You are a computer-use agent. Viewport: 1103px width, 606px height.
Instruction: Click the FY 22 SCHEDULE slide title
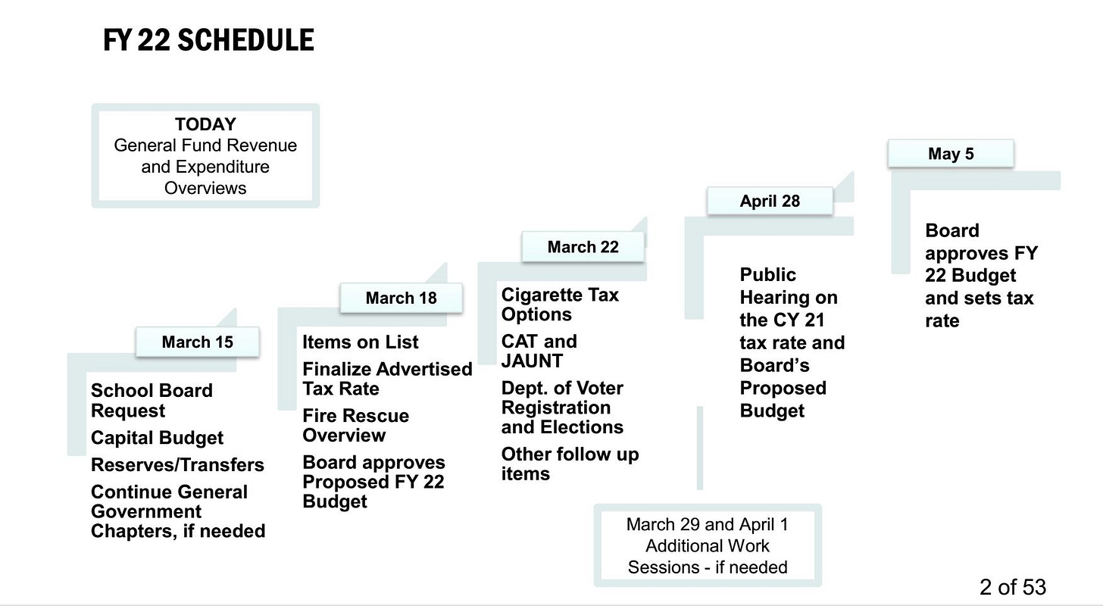pos(208,40)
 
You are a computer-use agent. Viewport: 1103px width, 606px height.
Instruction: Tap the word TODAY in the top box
pos(205,124)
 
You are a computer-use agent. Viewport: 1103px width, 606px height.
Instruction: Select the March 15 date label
pos(198,342)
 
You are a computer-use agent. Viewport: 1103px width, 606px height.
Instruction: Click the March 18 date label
pos(402,298)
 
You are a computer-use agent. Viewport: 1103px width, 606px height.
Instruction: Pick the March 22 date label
pos(583,247)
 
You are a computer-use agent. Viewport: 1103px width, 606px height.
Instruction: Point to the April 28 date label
pos(770,201)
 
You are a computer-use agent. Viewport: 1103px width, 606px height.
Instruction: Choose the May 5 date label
pos(951,154)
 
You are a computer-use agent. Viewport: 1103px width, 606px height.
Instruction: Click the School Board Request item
pos(152,400)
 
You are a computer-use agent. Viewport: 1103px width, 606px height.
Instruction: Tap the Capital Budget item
pos(157,438)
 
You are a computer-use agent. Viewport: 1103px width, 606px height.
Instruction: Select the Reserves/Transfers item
pos(178,464)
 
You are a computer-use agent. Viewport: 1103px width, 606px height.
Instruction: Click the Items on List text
pos(361,342)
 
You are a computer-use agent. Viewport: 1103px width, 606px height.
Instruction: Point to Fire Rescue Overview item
pos(355,425)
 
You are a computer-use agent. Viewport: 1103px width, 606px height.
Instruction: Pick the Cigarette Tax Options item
pos(560,305)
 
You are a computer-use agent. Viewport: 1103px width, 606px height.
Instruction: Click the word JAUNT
pos(532,361)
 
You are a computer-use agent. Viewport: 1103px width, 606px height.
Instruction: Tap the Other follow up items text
pos(570,464)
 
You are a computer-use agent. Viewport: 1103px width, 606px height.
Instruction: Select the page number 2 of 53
pos(1012,587)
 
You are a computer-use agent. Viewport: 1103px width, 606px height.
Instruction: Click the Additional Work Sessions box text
pos(708,545)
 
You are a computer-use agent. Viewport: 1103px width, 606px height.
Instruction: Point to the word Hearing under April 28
pos(789,298)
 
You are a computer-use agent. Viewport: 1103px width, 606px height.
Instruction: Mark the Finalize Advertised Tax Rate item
pos(388,379)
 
